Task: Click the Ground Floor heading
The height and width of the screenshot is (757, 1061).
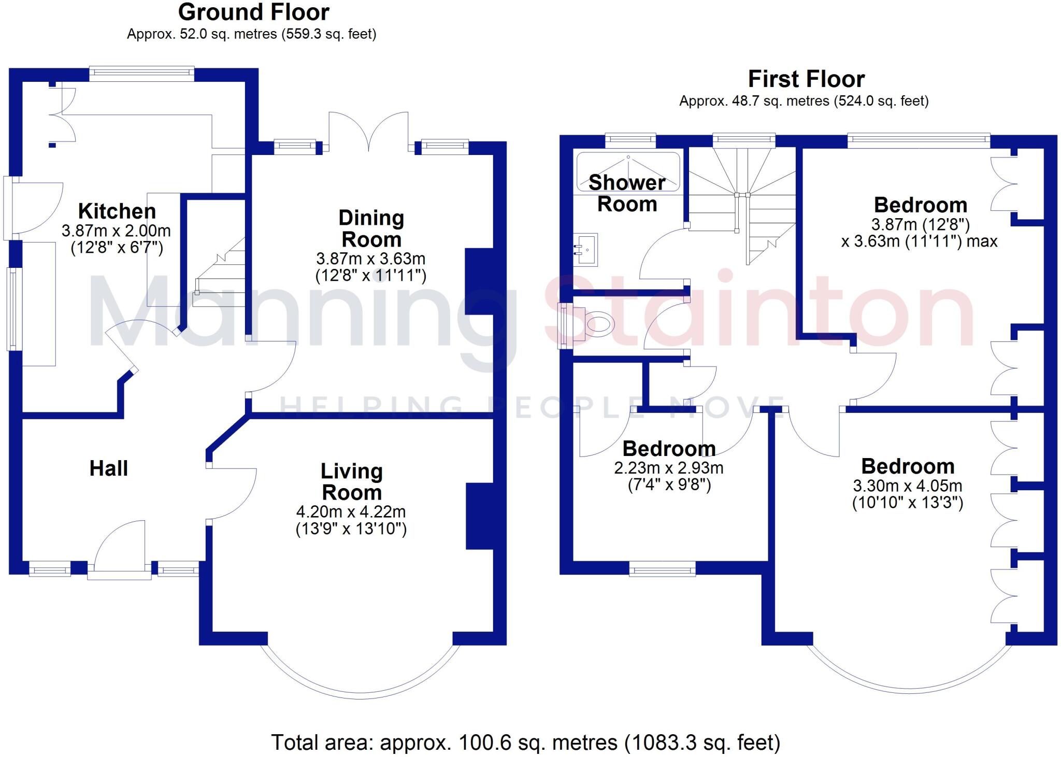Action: tap(253, 12)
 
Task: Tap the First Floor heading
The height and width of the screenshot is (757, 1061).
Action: tap(806, 79)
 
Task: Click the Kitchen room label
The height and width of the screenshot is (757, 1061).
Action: tap(117, 211)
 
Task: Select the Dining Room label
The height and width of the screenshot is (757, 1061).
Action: tap(371, 228)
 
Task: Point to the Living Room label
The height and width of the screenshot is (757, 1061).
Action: tap(352, 482)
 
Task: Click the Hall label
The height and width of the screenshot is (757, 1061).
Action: tap(109, 468)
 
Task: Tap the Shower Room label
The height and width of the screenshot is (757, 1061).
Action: tap(627, 193)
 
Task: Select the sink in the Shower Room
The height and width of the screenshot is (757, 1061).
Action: tap(585, 250)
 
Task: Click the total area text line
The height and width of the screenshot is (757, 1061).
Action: tap(525, 742)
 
